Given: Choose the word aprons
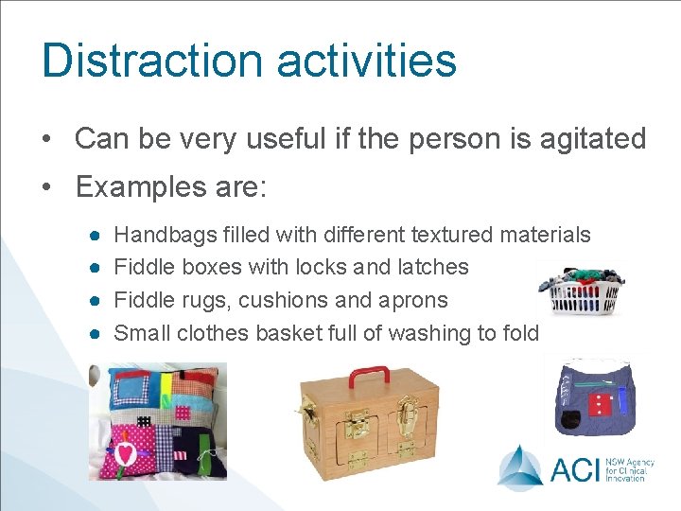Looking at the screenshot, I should (414, 300).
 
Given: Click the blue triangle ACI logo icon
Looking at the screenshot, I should (520, 467).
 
